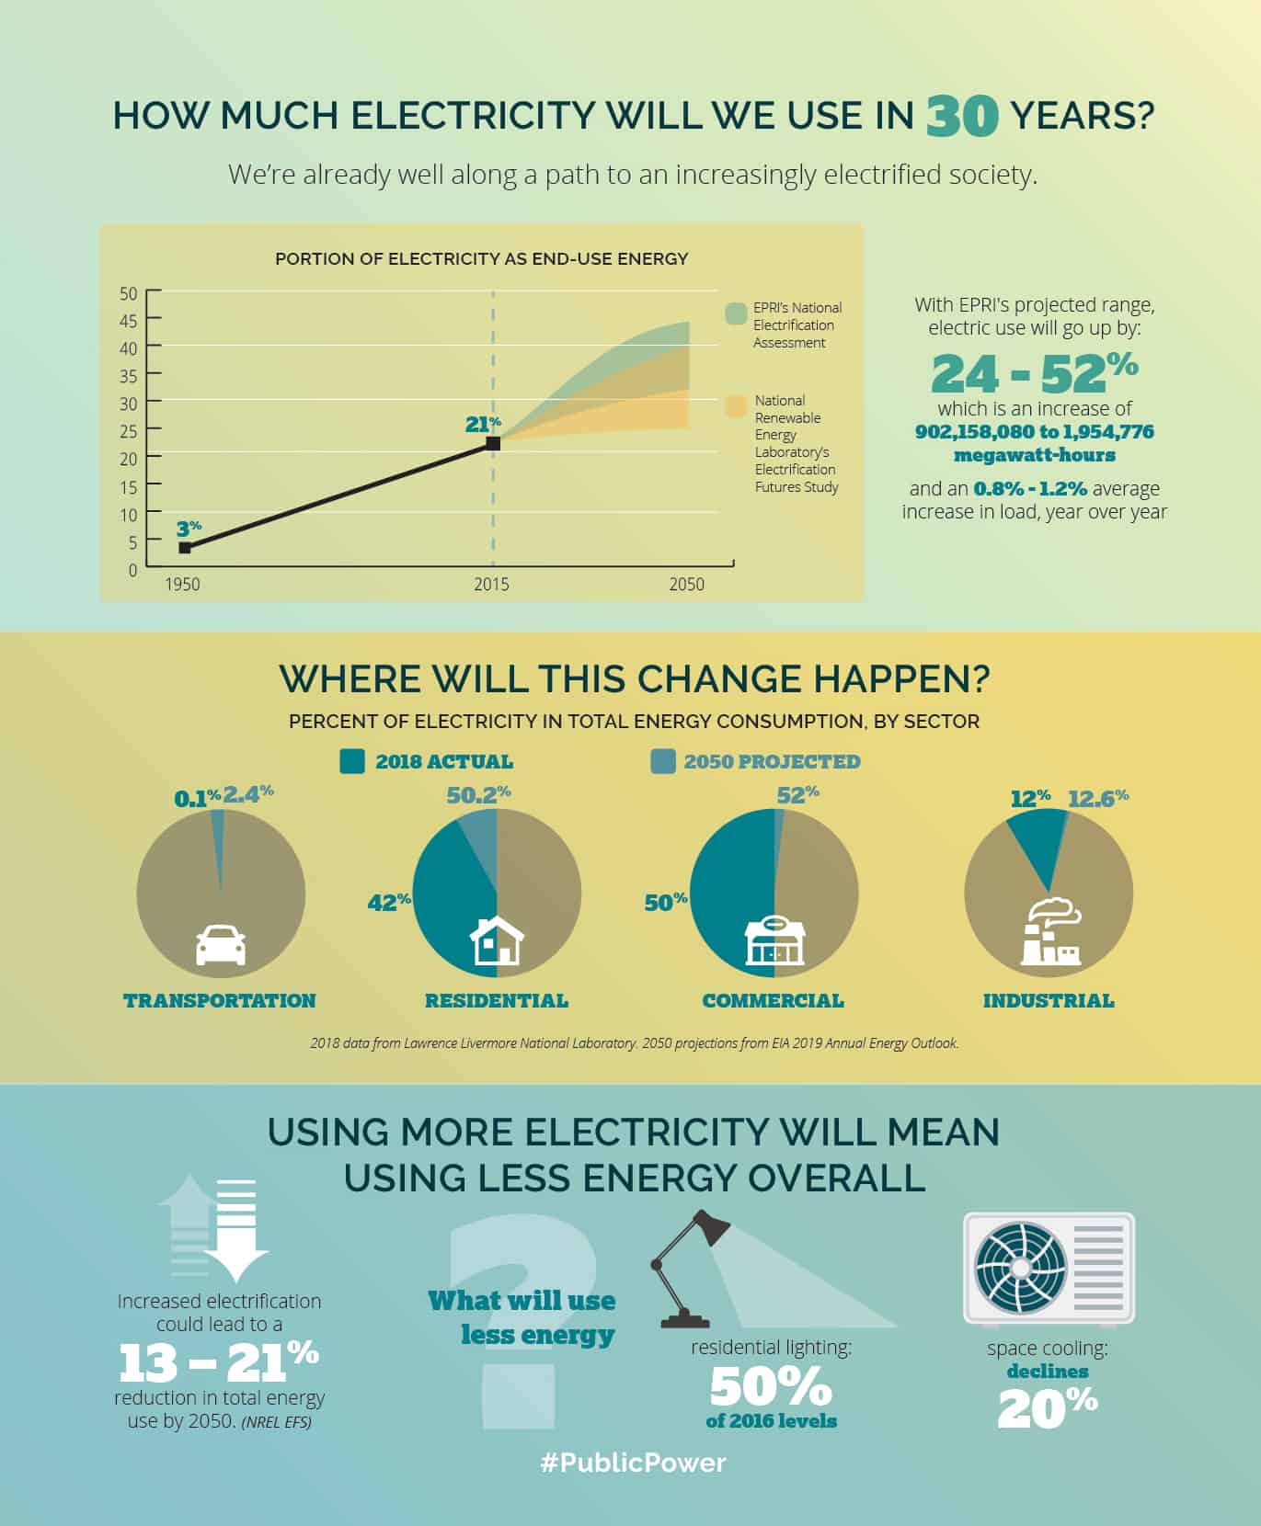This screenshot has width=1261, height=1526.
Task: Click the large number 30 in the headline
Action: pyautogui.click(x=961, y=117)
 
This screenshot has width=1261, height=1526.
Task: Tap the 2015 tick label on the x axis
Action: pyautogui.click(x=491, y=585)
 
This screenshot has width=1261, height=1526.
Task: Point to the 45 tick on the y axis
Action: pyautogui.click(x=128, y=321)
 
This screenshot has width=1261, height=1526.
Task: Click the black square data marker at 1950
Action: pyautogui.click(x=185, y=548)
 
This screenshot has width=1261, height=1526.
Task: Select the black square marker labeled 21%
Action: pyautogui.click(x=493, y=444)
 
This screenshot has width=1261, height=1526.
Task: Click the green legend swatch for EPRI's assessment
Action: pyautogui.click(x=735, y=313)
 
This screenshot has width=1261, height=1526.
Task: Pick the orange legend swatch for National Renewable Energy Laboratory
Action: pyautogui.click(x=736, y=407)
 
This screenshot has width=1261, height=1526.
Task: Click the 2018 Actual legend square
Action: pyautogui.click(x=352, y=761)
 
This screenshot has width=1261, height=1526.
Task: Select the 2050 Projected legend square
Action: pyautogui.click(x=662, y=761)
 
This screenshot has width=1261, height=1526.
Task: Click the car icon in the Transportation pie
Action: pyautogui.click(x=221, y=944)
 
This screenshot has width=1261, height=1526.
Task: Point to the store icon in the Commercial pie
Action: pyautogui.click(x=774, y=940)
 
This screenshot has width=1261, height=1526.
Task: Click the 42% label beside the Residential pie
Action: pyautogui.click(x=388, y=903)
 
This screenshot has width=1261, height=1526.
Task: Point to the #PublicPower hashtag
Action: pyautogui.click(x=632, y=1463)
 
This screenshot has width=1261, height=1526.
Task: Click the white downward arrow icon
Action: pyautogui.click(x=236, y=1232)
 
